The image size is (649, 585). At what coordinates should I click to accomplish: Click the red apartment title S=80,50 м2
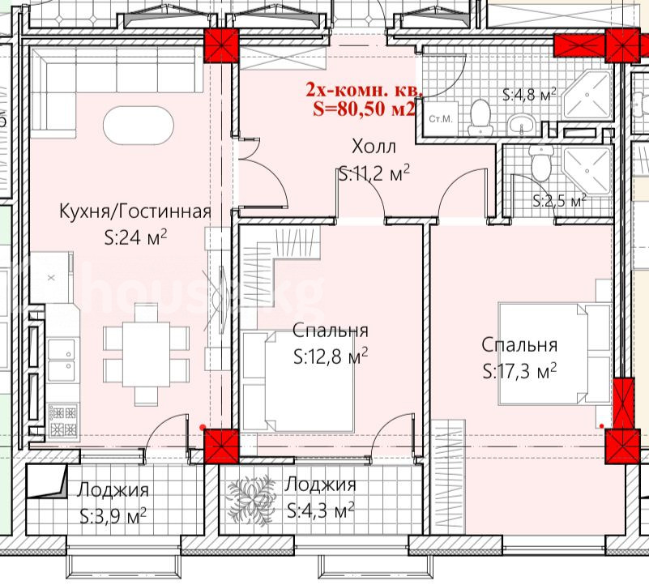click(364, 109)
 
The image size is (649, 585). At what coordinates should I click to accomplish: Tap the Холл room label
click(374, 147)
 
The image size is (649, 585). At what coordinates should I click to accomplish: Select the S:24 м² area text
click(136, 237)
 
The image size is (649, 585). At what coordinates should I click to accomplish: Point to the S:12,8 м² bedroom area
click(331, 357)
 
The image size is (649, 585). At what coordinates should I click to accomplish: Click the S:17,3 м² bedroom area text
click(519, 371)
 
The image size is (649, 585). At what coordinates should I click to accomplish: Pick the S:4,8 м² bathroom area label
click(529, 95)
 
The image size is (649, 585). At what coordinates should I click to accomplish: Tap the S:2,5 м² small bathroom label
click(559, 201)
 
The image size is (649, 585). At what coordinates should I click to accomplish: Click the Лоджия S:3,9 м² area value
click(113, 516)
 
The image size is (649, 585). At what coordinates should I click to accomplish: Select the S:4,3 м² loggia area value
click(321, 510)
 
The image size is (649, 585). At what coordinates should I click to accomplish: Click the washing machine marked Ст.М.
click(441, 118)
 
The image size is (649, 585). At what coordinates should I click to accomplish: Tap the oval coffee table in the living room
click(139, 126)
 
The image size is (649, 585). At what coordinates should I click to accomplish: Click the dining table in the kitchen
click(146, 354)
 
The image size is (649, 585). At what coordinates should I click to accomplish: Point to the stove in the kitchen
click(63, 421)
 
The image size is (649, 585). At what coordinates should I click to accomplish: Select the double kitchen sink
click(62, 360)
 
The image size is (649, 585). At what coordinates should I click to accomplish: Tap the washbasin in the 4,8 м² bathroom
click(522, 124)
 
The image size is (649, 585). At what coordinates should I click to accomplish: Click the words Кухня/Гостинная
click(135, 211)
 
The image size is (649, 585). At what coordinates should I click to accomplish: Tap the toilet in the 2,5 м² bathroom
click(541, 162)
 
